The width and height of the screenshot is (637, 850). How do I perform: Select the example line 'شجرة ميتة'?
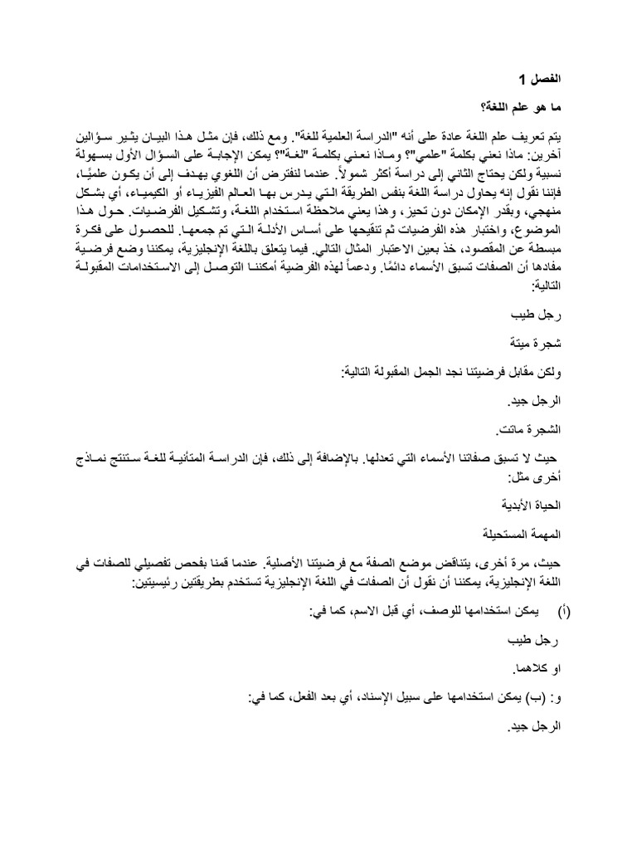(536, 344)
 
